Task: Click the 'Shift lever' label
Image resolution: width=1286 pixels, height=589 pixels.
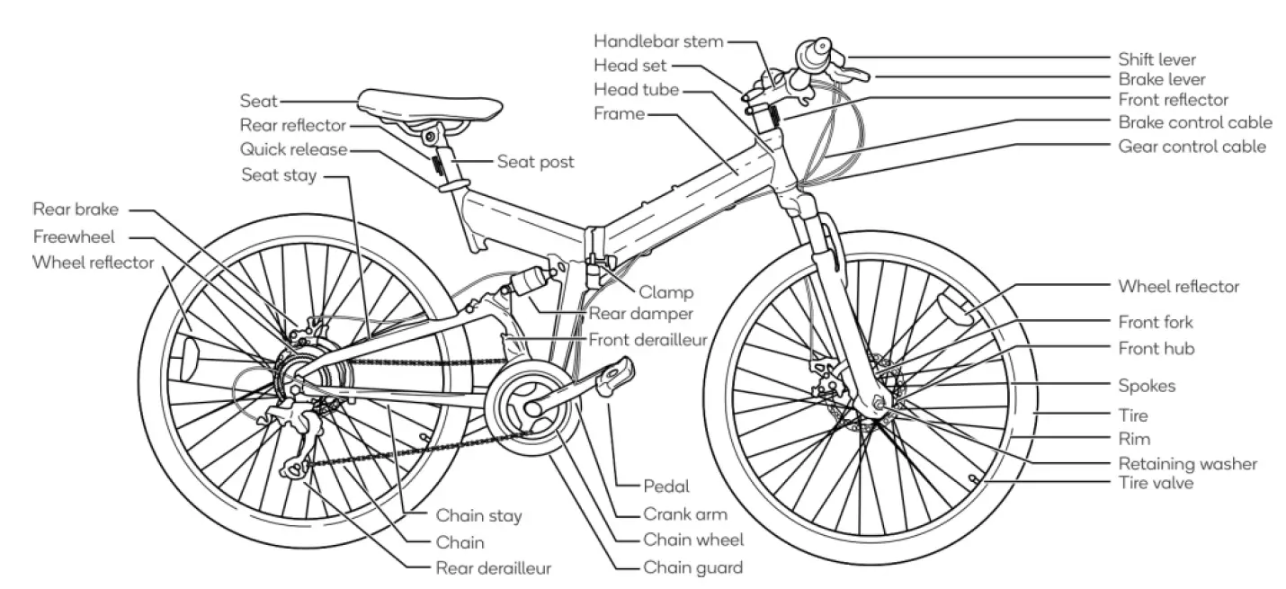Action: [x=1157, y=60]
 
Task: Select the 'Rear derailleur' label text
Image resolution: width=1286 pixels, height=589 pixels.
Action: [x=494, y=567]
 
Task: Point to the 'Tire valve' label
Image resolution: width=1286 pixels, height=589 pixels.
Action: [x=1156, y=484]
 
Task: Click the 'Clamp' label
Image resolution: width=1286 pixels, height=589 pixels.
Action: [x=666, y=291]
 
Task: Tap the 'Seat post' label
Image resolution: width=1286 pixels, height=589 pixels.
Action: [x=535, y=162]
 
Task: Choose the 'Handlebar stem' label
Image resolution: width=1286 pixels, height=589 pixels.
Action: [x=659, y=41]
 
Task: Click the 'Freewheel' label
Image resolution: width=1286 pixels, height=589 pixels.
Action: [x=80, y=237]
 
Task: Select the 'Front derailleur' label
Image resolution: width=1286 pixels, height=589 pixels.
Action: [x=647, y=340]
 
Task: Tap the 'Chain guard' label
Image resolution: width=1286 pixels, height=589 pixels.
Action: [x=692, y=567]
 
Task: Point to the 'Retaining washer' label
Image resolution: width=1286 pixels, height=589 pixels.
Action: [x=1187, y=464]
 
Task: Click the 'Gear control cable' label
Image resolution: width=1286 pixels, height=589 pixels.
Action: [x=1192, y=146]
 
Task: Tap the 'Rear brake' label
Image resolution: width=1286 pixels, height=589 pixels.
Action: [x=76, y=210]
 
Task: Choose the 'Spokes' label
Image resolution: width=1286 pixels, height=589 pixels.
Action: [x=1147, y=386]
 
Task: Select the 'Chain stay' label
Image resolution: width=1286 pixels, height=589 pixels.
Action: [x=478, y=516]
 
